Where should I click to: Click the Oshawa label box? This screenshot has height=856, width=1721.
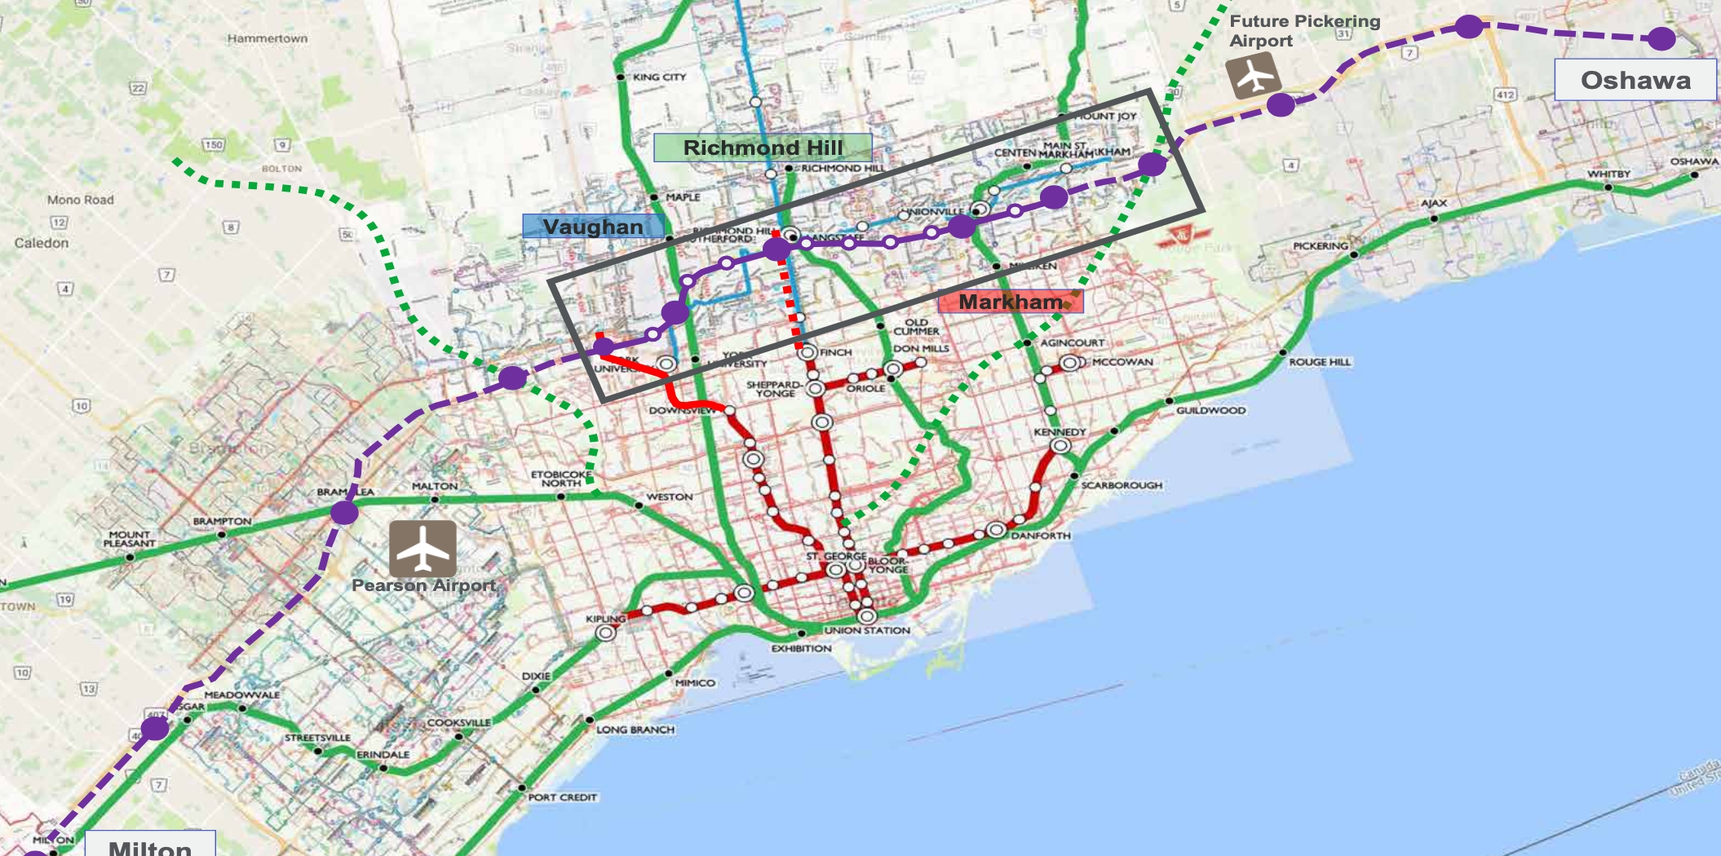[1635, 80]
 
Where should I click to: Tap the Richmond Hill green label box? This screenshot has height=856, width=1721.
[763, 148]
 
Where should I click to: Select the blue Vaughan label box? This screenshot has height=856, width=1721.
[593, 227]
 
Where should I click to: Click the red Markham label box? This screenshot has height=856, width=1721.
[1011, 302]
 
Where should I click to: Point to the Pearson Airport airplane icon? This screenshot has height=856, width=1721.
[423, 549]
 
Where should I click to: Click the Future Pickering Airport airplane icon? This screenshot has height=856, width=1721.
[1254, 76]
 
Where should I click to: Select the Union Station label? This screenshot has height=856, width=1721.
[867, 630]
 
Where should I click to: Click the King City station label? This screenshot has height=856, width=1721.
[659, 77]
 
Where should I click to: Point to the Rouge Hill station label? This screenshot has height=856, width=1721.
[1320, 361]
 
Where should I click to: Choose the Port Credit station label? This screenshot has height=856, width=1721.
[562, 797]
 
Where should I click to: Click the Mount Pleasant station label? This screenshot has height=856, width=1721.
[129, 539]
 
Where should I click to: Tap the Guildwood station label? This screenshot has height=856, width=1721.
[1210, 410]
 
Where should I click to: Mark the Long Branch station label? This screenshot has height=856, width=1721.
[635, 730]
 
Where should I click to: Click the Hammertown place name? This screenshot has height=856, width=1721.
[268, 38]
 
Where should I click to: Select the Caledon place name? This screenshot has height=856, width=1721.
[42, 243]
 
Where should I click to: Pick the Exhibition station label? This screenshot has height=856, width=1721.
[801, 648]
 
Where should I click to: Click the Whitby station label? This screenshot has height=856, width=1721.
[1608, 174]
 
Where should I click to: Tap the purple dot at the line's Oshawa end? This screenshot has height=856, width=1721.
[1661, 38]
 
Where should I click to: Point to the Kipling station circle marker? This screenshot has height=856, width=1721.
[605, 633]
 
